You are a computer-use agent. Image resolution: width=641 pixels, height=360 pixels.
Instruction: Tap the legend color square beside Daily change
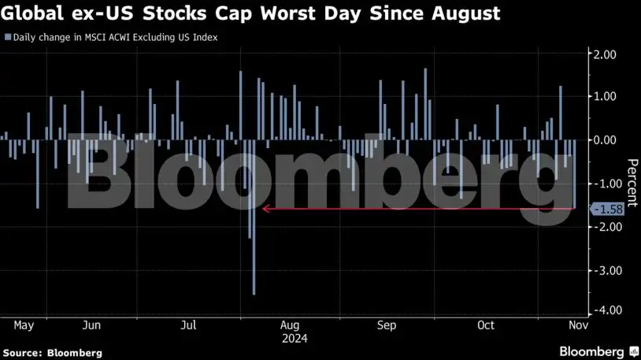click(x=7, y=37)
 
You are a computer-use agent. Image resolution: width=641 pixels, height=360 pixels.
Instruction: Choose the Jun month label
click(x=91, y=325)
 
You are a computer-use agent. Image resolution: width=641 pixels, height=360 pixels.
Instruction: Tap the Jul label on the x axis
click(x=188, y=325)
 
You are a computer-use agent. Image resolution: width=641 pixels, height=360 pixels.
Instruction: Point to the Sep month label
click(x=386, y=325)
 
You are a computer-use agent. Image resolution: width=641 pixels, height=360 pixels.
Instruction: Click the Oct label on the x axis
click(x=486, y=325)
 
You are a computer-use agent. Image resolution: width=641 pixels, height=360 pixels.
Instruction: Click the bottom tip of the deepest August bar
click(x=254, y=295)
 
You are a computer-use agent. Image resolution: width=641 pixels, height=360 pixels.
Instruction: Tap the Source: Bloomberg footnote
click(x=51, y=352)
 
